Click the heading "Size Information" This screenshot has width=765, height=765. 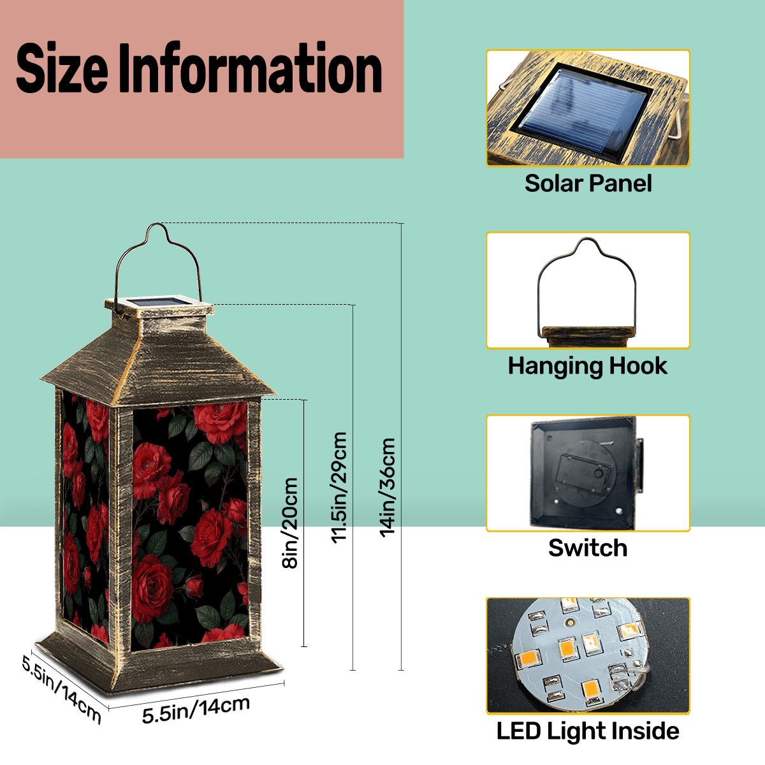(x=199, y=68)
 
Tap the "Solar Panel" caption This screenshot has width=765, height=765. (x=588, y=184)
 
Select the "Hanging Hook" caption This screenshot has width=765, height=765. (x=588, y=366)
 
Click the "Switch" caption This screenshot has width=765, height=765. (x=588, y=548)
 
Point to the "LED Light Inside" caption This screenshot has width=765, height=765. (x=588, y=731)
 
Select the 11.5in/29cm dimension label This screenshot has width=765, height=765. (x=339, y=488)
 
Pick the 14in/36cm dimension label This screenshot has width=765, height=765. (x=387, y=488)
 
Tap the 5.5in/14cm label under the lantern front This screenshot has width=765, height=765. (x=196, y=710)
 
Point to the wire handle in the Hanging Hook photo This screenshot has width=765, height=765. (x=586, y=286)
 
